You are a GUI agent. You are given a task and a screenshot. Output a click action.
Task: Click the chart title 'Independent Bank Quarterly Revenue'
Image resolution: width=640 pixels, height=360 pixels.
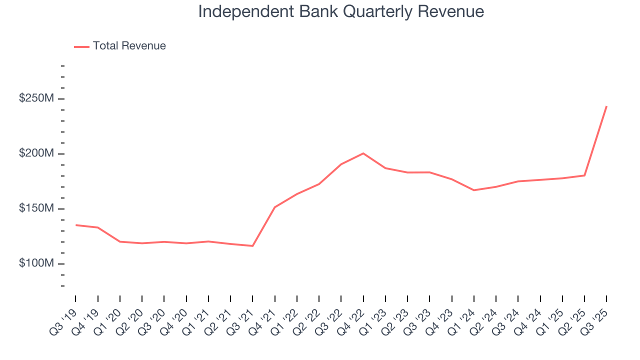tap(341, 11)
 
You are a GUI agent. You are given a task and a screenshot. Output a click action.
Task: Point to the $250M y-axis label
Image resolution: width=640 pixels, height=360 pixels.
tap(36, 98)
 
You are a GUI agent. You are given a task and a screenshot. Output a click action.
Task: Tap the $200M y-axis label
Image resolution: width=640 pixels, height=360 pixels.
tap(36, 153)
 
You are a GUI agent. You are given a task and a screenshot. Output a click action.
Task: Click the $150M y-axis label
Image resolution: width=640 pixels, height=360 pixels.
tap(36, 208)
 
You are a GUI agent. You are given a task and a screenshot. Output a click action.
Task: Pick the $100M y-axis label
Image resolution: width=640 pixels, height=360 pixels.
tap(36, 263)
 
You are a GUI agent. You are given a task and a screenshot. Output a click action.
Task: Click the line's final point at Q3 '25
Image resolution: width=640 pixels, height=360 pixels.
tap(606, 106)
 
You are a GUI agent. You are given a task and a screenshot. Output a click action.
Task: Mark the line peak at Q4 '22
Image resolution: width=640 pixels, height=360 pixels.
tap(363, 153)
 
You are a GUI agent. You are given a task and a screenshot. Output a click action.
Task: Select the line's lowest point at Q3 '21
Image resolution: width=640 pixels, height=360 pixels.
tap(252, 246)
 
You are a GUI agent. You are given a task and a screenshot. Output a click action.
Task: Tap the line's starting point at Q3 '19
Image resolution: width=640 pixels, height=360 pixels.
tap(75, 225)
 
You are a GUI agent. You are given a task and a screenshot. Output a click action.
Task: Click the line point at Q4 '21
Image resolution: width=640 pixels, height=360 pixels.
tap(274, 207)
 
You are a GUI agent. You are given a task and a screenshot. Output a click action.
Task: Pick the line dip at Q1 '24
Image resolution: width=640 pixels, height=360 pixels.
tap(473, 190)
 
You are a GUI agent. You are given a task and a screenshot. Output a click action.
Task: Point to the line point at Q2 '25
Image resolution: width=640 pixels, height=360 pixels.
tap(584, 175)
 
